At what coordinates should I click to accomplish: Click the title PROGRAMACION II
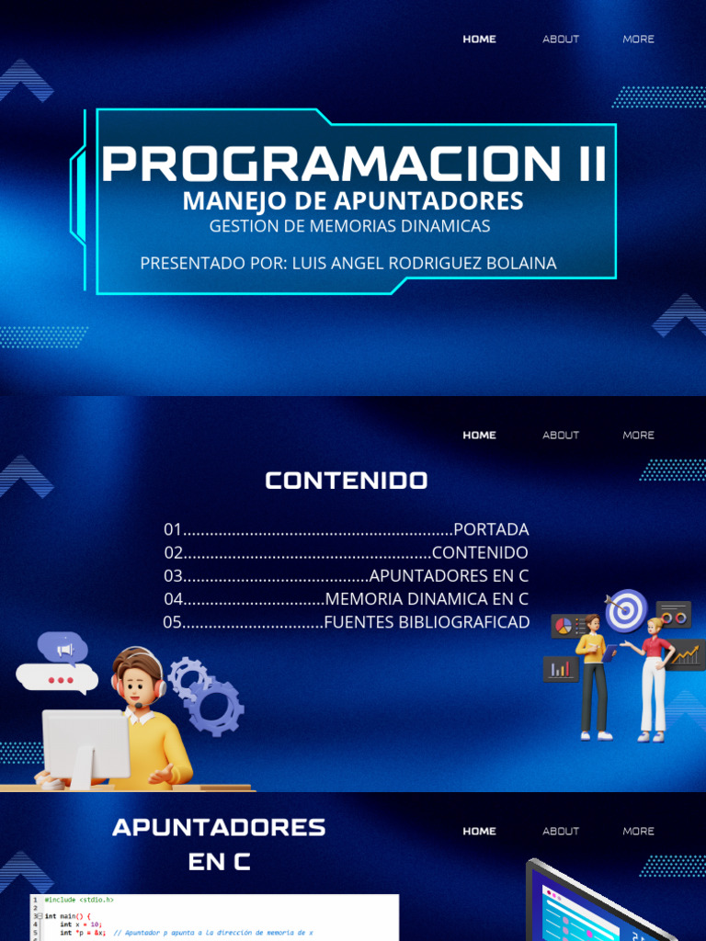click(354, 163)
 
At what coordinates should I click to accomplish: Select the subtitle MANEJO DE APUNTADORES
click(353, 200)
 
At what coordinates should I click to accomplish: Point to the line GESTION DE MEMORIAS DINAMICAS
click(349, 226)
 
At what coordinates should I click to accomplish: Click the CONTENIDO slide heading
click(347, 481)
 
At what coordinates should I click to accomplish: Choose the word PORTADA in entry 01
click(491, 529)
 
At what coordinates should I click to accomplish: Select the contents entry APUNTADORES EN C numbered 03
click(449, 576)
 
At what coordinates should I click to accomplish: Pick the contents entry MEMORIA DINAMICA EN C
click(427, 599)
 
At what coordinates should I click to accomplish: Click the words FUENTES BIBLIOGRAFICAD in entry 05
click(427, 622)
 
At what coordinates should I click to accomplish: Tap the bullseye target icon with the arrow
click(626, 610)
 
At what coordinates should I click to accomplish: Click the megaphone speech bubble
click(63, 649)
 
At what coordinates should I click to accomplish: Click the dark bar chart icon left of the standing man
click(560, 668)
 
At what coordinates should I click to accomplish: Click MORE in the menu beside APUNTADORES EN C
click(638, 831)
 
